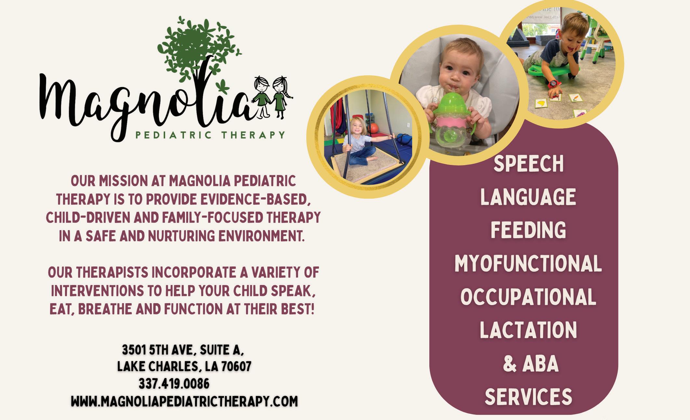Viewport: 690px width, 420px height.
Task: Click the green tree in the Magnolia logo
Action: pyautogui.click(x=200, y=52)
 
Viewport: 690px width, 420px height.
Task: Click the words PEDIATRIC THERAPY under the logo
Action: pyautogui.click(x=210, y=134)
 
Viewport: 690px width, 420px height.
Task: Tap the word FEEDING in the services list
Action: pyautogui.click(x=528, y=230)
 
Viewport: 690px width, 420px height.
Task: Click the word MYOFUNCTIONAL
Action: pyautogui.click(x=528, y=263)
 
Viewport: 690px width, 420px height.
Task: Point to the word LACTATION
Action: pyautogui.click(x=528, y=330)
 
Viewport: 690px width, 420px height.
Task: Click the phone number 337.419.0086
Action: pyautogui.click(x=174, y=384)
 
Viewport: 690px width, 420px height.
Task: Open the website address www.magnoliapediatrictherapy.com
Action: pyautogui.click(x=184, y=401)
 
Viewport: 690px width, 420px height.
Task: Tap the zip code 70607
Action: pyautogui.click(x=236, y=367)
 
